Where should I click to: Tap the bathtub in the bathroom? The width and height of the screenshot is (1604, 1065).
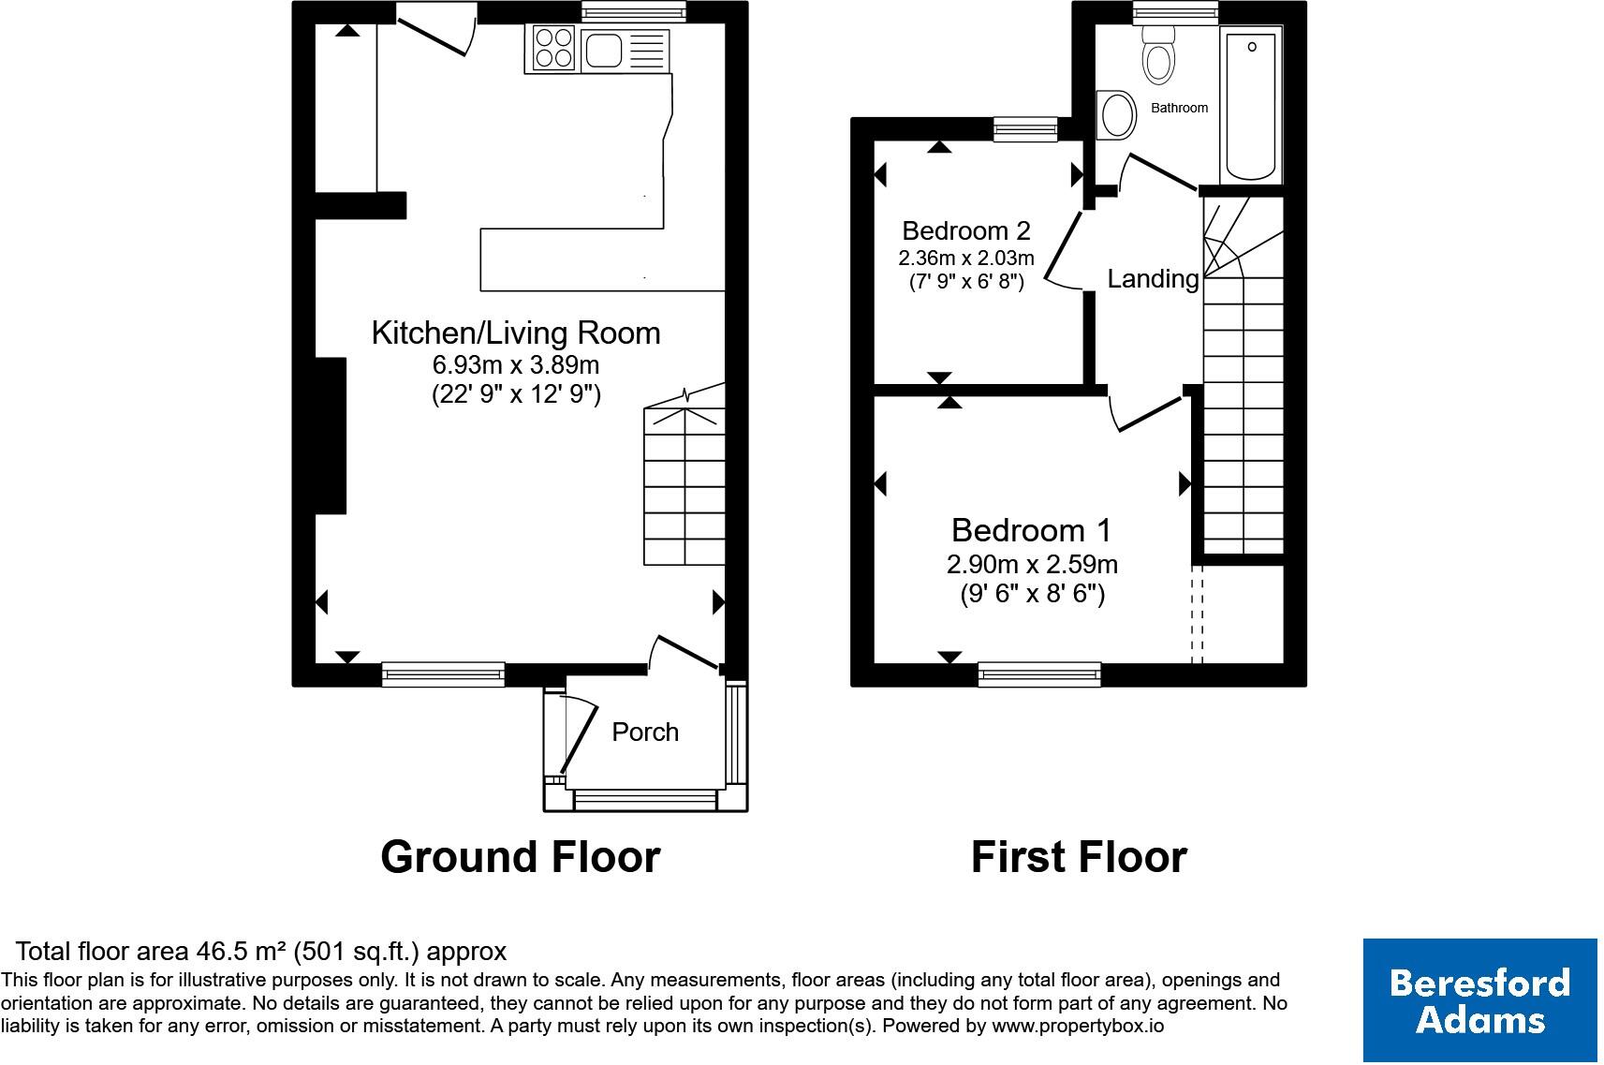[x=1251, y=104]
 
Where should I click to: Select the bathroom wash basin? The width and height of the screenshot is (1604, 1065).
[x=1116, y=114]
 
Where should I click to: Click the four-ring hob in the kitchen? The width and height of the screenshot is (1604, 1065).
[x=553, y=48]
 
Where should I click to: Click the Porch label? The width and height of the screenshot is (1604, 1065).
[x=645, y=732]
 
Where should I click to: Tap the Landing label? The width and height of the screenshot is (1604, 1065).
[x=1153, y=278]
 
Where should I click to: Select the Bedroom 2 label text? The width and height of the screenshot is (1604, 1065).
[x=966, y=230]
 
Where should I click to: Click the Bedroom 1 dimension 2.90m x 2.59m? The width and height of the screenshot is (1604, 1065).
[x=1032, y=565]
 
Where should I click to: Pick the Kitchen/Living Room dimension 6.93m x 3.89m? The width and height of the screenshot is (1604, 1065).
[x=516, y=364]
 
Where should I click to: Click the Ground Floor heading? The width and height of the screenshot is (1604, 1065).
[x=521, y=856]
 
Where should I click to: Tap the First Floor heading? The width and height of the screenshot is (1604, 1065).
[x=1079, y=856]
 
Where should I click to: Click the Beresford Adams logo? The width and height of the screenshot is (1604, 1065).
[x=1480, y=1000]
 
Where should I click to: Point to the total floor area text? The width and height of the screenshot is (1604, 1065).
[x=260, y=951]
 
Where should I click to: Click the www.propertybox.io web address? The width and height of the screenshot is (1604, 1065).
[x=1078, y=1026]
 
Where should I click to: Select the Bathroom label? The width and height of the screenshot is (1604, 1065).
[x=1180, y=108]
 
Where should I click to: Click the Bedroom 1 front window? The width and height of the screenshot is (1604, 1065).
[x=1039, y=674]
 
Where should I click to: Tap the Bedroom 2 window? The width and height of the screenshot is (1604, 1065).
[x=1025, y=129]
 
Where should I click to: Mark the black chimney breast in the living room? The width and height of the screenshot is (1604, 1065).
[x=331, y=436]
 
